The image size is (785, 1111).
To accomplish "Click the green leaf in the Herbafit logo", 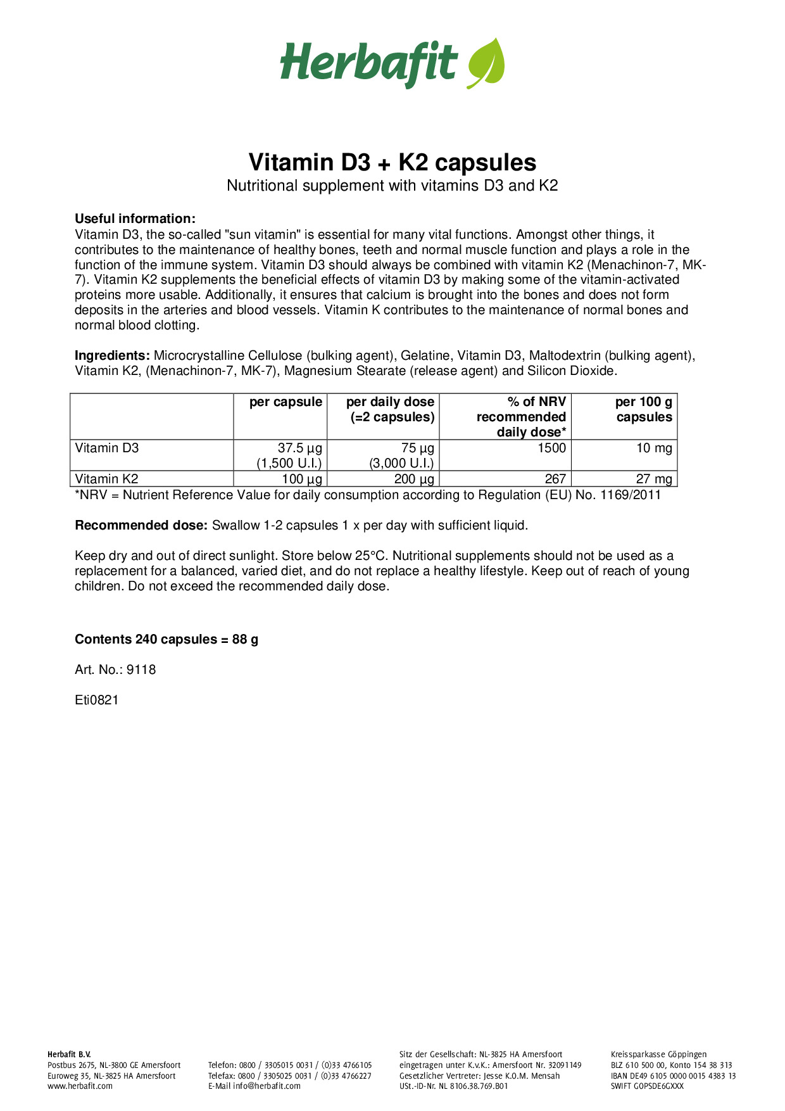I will pyautogui.click(x=486, y=63).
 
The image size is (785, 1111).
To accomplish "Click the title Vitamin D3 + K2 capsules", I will pyautogui.click(x=392, y=162).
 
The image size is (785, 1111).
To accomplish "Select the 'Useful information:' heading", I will pyautogui.click(x=135, y=219).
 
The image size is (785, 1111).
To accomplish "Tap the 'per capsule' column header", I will pyautogui.click(x=286, y=402).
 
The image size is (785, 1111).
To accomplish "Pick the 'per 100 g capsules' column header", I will pyautogui.click(x=643, y=409).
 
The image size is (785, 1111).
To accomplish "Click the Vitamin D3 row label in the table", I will pyautogui.click(x=106, y=448).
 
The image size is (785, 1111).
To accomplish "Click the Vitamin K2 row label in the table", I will pyautogui.click(x=106, y=479).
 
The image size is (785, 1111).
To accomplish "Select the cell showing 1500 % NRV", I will pyautogui.click(x=551, y=448).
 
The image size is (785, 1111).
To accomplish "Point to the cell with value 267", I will pyautogui.click(x=555, y=479).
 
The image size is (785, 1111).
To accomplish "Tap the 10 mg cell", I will pyautogui.click(x=654, y=448).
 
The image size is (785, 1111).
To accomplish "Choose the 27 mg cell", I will pyautogui.click(x=654, y=479).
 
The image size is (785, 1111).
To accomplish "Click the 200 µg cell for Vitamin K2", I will pyautogui.click(x=414, y=479).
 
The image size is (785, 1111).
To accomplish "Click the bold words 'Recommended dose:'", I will pyautogui.click(x=141, y=525).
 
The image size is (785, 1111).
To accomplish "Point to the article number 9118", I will pyautogui.click(x=141, y=670).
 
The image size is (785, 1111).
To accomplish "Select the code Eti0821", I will pyautogui.click(x=97, y=700).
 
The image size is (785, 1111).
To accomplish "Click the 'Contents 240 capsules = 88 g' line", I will pyautogui.click(x=166, y=639).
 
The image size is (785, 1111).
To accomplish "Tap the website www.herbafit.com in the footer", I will pyautogui.click(x=80, y=1086).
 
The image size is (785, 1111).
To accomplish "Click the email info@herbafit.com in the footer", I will pyautogui.click(x=267, y=1086).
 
